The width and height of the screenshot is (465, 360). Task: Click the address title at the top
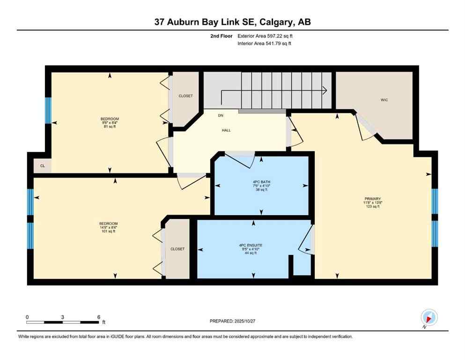coord(232,22)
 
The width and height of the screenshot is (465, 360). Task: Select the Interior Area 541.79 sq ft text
coord(265,44)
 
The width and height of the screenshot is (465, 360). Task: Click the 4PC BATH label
coord(261,182)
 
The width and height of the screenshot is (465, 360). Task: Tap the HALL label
coord(226,131)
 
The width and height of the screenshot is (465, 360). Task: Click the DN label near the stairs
coord(220,115)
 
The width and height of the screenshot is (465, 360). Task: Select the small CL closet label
coord(42,165)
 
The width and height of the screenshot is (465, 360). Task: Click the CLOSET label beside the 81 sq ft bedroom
coord(185,96)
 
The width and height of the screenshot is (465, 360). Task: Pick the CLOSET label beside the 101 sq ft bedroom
coord(177,249)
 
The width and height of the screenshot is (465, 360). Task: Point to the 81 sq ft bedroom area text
coord(110,127)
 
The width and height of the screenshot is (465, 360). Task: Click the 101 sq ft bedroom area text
coord(108,232)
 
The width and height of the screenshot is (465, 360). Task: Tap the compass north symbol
coord(429,317)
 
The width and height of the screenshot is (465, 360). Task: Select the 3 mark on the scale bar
coord(63,317)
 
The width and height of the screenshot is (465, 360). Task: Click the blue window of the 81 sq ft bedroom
coord(48,111)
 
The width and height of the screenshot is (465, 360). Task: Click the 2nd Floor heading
coord(222,36)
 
